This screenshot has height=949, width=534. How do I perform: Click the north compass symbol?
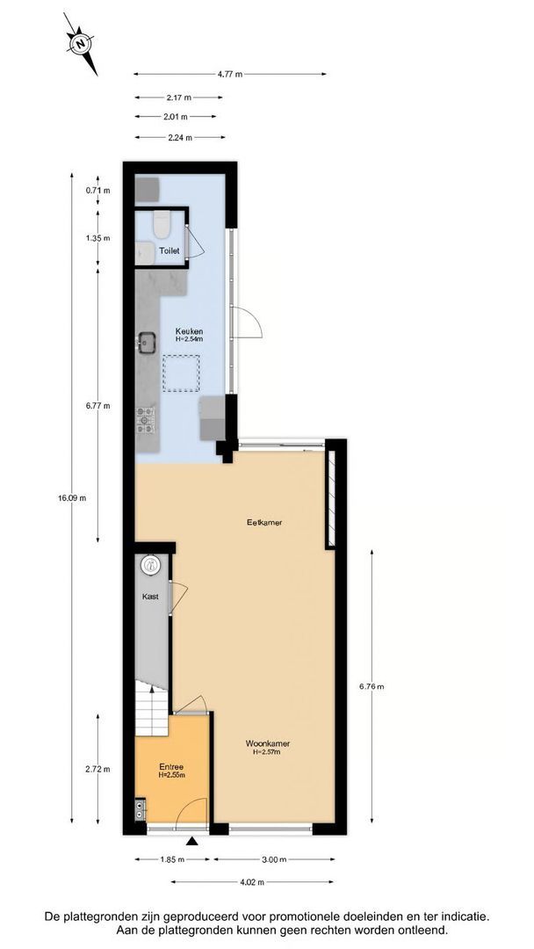80,43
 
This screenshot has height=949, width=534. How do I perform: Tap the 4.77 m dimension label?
230,75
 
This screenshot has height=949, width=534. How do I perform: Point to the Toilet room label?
169,251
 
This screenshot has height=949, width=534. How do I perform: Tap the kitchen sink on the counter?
146,342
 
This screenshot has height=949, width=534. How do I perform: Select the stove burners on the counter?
143,419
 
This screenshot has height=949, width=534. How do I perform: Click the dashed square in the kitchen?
181,373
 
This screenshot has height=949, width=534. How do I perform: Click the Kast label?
151,597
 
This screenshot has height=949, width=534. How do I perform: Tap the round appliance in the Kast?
150,565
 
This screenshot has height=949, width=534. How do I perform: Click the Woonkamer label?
269,743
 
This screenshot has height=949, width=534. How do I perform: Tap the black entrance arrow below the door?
192,843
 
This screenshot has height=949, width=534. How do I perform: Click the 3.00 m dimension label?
275,859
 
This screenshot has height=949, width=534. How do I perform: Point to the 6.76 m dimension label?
372,687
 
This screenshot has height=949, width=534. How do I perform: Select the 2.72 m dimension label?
97,770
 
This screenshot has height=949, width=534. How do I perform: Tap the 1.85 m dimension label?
172,859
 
